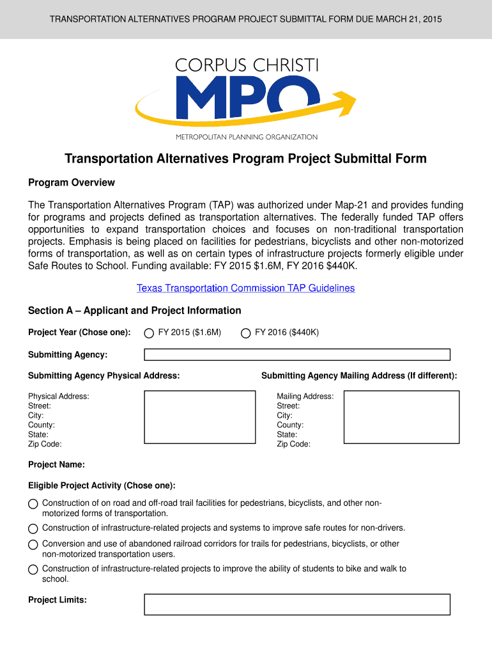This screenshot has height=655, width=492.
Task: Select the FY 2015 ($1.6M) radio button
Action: [x=149, y=333]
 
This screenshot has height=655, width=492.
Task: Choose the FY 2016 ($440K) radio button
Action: [x=245, y=333]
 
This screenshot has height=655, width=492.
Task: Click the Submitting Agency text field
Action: [x=297, y=354]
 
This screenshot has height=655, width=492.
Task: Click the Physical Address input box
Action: [x=199, y=416]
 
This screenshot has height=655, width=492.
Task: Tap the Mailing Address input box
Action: [x=401, y=416]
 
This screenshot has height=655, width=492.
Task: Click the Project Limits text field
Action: [x=297, y=604]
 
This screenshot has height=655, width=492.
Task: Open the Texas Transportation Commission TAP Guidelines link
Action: [x=245, y=288]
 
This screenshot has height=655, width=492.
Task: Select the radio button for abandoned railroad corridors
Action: [x=33, y=545]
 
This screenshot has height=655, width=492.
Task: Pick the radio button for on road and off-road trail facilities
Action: [x=33, y=504]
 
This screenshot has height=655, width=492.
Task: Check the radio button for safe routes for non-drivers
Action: [x=33, y=529]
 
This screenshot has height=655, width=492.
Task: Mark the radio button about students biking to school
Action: [x=33, y=570]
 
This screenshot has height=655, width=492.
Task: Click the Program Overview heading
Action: [x=72, y=183]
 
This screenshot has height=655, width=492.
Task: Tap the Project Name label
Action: [x=56, y=465]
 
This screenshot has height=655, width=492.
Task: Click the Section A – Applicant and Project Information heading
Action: [x=135, y=311]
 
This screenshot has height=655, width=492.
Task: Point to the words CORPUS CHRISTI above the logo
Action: [x=246, y=66]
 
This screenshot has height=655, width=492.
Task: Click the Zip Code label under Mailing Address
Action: [x=293, y=445]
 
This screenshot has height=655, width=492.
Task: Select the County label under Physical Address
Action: [x=42, y=425]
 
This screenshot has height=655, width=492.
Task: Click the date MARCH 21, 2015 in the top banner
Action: [x=408, y=19]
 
